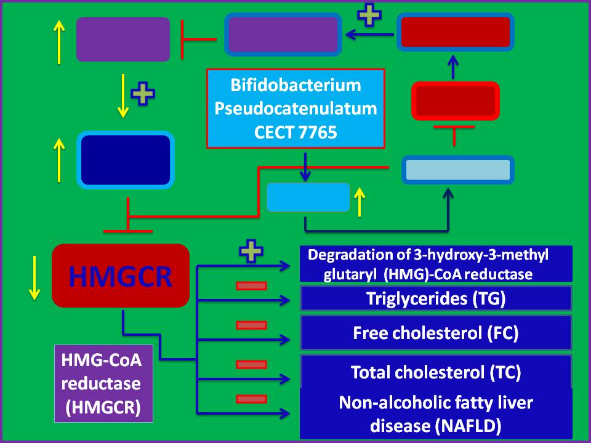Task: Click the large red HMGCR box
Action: tap(120, 276)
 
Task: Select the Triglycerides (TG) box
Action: tap(436, 300)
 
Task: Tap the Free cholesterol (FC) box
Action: tap(436, 333)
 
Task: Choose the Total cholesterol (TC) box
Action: tap(436, 372)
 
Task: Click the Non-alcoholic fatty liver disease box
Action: tap(436, 413)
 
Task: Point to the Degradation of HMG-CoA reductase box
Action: tap(436, 264)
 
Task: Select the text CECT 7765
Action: tap(295, 132)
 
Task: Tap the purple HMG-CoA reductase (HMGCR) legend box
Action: tap(103, 383)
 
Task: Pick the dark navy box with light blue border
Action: tap(126, 159)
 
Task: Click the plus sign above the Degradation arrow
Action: tap(248, 253)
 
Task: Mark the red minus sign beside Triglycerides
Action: tap(251, 285)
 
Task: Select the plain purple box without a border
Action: tap(123, 39)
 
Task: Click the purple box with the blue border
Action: tap(283, 34)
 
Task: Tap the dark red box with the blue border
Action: tap(456, 32)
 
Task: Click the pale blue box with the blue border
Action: tap(457, 170)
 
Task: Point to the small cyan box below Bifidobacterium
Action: tap(308, 197)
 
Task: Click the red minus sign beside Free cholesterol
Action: tap(251, 325)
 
